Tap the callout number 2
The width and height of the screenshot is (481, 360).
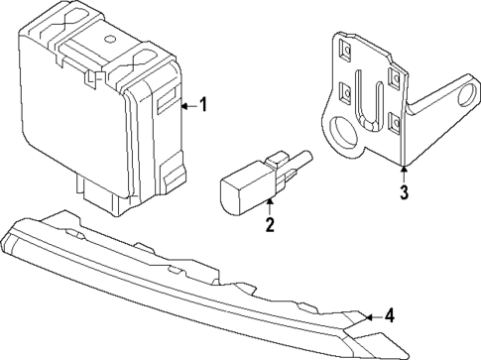[269, 224]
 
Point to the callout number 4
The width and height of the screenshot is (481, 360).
[391, 316]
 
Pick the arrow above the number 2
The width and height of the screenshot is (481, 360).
[269, 204]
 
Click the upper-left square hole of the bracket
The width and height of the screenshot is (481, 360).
[345, 46]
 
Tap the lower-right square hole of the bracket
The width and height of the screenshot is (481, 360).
[395, 124]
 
